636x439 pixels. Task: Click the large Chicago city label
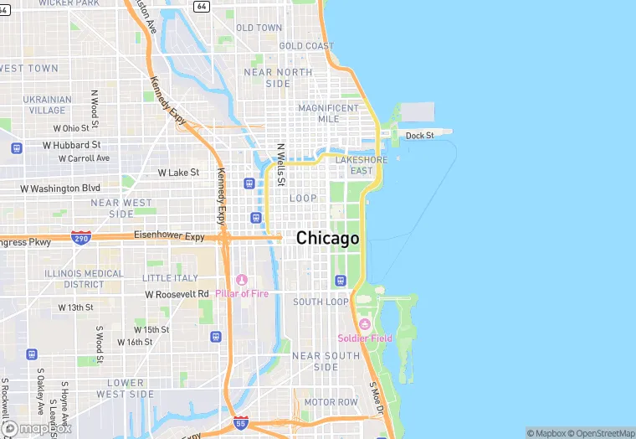[x=328, y=239]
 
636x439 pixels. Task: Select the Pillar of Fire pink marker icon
[x=242, y=280]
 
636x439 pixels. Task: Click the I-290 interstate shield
[x=81, y=237]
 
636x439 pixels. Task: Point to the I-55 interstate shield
[x=241, y=422]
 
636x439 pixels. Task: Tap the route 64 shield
[x=201, y=6]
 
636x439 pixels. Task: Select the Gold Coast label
[x=306, y=46]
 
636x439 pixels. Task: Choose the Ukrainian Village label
[x=48, y=105]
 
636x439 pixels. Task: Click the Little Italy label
[x=170, y=278]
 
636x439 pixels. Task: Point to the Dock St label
[x=420, y=136]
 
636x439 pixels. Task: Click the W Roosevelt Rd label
[x=177, y=294]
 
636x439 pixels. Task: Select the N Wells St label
[x=281, y=164]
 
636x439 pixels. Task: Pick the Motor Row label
[x=331, y=402]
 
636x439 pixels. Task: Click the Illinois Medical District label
[x=84, y=279]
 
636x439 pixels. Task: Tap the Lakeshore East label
[x=362, y=165]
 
